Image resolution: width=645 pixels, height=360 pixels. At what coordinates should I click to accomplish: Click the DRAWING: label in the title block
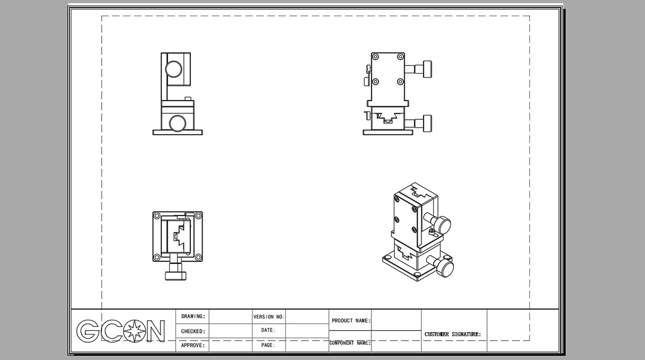point(193,316)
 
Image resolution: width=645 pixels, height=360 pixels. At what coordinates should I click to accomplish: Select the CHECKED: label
point(193,332)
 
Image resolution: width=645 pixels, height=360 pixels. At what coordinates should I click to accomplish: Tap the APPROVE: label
point(193,345)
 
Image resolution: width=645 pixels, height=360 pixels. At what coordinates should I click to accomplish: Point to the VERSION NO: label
point(269,317)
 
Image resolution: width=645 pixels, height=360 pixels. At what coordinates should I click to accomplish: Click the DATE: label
point(268,330)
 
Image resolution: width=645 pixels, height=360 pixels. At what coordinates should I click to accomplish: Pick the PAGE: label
point(268,345)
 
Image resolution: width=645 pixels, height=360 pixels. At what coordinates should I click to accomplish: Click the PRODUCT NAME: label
point(352,321)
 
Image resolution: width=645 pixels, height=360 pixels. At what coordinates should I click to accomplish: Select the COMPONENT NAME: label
point(350,343)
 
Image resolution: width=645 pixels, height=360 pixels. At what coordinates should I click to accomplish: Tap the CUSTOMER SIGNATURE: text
point(453,334)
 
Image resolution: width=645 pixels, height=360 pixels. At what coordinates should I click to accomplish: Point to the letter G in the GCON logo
point(88,331)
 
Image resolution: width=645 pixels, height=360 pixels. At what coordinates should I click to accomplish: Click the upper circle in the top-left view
point(174,69)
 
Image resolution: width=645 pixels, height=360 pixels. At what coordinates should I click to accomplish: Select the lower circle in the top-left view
point(177,123)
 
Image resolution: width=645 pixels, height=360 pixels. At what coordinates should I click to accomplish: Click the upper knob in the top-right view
point(427,69)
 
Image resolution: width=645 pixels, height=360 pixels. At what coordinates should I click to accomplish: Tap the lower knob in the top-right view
point(427,124)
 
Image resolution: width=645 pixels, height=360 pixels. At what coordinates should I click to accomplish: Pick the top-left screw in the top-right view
point(376,57)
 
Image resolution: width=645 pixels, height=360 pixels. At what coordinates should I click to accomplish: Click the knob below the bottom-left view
point(176,276)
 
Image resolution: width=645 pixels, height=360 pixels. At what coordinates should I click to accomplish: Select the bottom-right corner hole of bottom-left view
point(198,257)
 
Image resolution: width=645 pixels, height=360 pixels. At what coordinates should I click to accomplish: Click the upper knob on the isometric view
point(442,225)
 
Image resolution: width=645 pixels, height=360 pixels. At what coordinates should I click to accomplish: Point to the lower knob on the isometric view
point(445,268)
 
